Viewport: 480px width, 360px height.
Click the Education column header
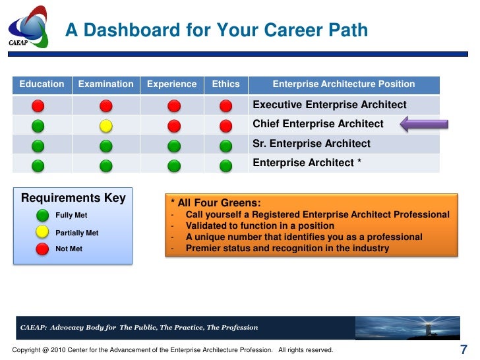(42, 84)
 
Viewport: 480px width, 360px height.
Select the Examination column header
(105, 84)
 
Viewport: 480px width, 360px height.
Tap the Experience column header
(171, 84)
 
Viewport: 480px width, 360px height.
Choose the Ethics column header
(225, 84)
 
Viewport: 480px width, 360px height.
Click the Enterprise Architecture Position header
(344, 84)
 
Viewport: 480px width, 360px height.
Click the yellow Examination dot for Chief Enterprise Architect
(106, 125)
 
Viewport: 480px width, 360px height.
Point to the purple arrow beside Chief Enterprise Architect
(425, 124)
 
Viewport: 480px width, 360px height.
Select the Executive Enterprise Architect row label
(330, 105)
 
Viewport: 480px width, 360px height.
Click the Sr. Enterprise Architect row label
(311, 144)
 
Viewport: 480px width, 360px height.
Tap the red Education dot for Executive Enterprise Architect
(39, 105)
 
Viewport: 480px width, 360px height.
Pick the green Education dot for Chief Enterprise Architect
(39, 125)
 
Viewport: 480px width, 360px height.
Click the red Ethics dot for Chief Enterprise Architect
(225, 125)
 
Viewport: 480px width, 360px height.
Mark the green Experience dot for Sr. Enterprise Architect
(173, 146)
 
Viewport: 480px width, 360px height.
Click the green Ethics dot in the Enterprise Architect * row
(225, 165)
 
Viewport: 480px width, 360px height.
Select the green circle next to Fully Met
(42, 215)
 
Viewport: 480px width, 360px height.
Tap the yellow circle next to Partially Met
(42, 232)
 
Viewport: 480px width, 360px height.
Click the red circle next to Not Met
(42, 249)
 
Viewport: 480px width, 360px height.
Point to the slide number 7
(463, 349)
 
